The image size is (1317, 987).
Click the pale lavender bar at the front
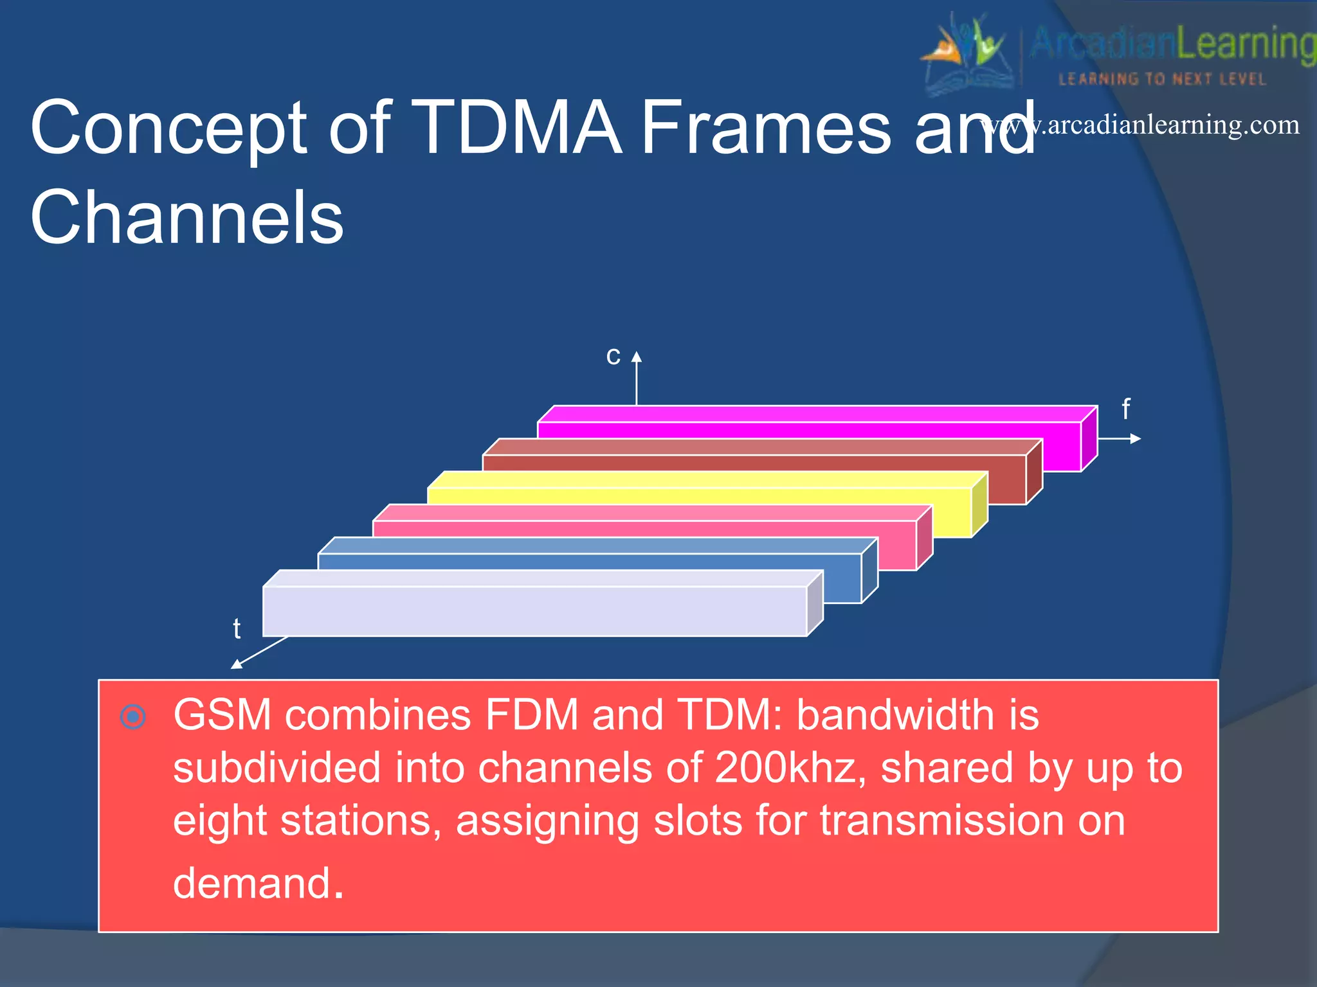pos(534,610)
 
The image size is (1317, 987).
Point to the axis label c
pos(613,355)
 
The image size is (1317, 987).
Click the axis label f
pos(1125,409)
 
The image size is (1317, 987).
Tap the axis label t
pos(237,628)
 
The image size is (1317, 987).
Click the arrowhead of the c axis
pos(637,357)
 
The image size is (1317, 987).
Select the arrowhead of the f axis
pos(1136,439)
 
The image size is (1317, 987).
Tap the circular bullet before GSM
pos(133,716)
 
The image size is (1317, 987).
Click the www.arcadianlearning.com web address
pos(1141,125)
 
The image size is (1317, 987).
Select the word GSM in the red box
pos(223,715)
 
